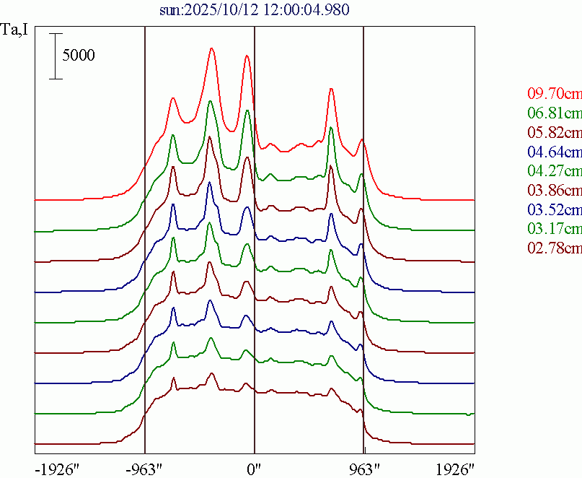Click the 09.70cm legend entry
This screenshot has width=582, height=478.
coord(554,93)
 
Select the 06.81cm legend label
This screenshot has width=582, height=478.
coord(554,113)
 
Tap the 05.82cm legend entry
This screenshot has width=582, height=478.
coord(554,132)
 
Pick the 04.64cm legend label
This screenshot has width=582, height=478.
coord(554,152)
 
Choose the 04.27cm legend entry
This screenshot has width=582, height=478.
coord(554,171)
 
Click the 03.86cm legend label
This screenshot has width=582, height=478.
coord(554,191)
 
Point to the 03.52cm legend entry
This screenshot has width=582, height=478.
coord(554,210)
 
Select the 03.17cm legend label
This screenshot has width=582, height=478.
coord(554,230)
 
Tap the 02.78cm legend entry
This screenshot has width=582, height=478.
coord(554,249)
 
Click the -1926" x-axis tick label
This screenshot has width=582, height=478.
coord(56,469)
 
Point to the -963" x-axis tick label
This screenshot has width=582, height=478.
coord(145,469)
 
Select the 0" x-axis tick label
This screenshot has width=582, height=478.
coord(254,469)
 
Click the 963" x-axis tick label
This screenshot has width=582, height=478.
coord(364,469)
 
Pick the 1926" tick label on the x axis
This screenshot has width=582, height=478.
coord(454,469)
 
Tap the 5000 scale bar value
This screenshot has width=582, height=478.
coord(79,56)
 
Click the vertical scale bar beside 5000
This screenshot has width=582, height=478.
coord(56,56)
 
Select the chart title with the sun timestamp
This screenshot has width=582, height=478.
coord(256,10)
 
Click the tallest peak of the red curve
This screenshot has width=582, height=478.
coord(211,49)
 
